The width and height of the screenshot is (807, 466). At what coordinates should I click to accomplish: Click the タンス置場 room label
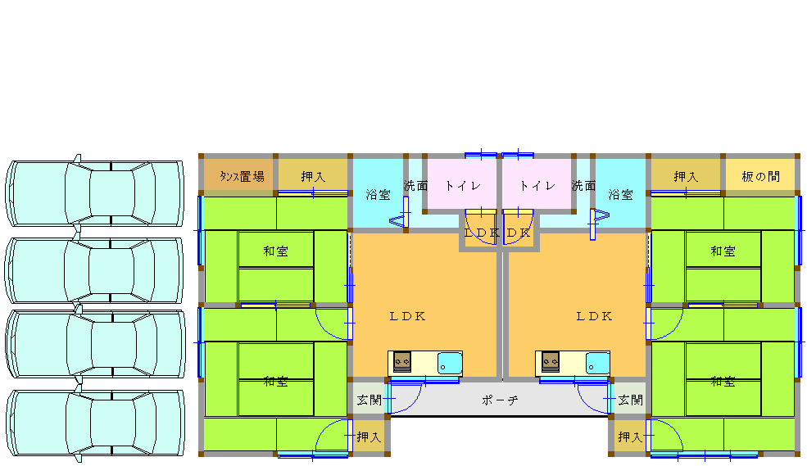(242, 176)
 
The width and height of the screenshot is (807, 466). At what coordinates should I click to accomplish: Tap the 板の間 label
(761, 176)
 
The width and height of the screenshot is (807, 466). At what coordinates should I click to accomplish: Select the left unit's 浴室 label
(378, 195)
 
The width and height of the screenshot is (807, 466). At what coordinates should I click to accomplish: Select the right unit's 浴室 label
(620, 195)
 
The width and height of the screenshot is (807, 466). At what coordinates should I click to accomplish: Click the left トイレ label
(462, 185)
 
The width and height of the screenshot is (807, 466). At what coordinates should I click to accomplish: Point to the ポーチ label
(499, 400)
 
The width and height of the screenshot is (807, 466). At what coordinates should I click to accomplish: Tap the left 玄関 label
(369, 400)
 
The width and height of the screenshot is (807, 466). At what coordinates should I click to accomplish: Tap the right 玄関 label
(630, 400)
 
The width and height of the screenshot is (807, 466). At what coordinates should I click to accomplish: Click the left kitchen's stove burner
(402, 361)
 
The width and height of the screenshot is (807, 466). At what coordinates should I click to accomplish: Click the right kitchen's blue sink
(597, 362)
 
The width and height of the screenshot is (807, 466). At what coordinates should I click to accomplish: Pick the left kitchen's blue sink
(450, 362)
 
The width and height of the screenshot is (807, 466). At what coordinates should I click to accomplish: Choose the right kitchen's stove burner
(550, 361)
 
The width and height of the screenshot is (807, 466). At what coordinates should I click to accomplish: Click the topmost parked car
(94, 193)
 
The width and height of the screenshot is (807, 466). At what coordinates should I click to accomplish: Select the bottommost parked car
(94, 423)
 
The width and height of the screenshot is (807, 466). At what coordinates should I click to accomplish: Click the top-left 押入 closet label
(313, 176)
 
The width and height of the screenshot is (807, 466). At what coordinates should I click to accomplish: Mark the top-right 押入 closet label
(686, 176)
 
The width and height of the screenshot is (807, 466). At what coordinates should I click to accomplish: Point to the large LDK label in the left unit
(407, 316)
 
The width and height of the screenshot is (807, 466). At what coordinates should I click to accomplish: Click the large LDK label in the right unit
(594, 316)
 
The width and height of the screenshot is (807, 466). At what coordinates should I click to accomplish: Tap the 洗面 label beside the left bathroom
(416, 186)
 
